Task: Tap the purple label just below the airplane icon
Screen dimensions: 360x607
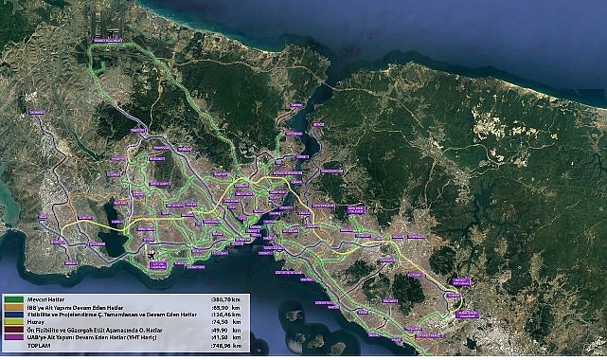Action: tap(157, 264)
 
